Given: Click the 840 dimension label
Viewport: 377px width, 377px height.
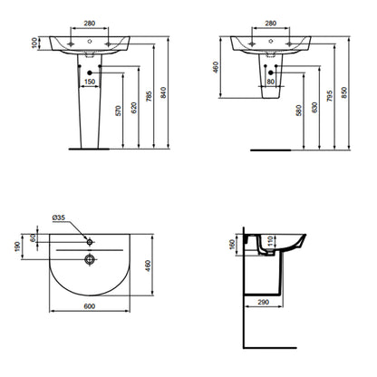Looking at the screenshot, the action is point(163,92).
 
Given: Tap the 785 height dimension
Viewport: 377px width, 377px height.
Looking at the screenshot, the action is point(149,96).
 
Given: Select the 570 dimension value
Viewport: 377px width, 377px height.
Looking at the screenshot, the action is point(118,111).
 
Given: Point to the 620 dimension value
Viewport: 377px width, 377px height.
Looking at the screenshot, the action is point(134,108).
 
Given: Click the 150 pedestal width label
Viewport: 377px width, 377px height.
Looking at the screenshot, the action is point(90,82).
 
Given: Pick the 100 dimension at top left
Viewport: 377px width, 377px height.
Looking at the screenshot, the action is point(34,43).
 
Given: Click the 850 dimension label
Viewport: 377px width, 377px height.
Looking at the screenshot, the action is point(344,92).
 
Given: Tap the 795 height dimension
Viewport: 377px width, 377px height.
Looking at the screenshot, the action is point(330,96).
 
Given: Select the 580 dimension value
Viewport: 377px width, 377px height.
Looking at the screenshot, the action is point(299,111).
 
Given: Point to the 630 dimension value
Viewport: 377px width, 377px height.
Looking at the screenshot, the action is point(314,108).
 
